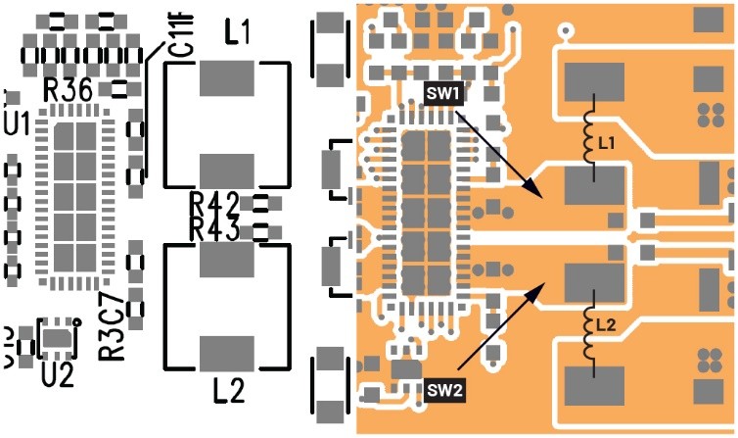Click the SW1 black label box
(x=444, y=94)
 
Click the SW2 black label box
(x=444, y=391)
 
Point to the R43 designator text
(x=213, y=230)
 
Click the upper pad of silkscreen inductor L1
(x=227, y=77)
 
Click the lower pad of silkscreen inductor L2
(x=227, y=352)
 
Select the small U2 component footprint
(x=57, y=339)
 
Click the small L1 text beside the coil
(x=607, y=144)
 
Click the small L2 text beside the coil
(x=607, y=325)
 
